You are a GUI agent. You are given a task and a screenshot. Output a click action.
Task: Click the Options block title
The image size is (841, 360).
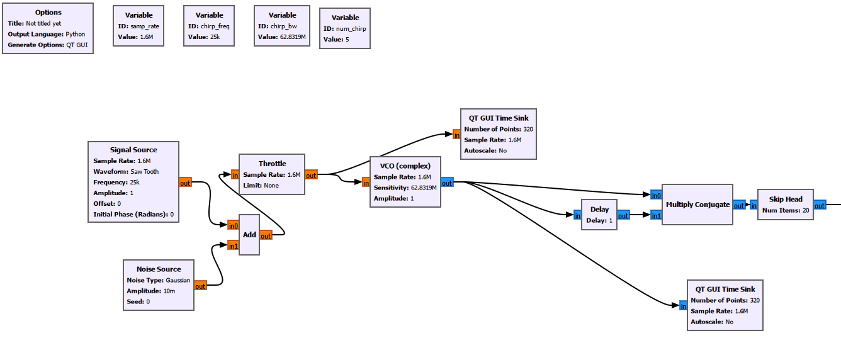point(48,13)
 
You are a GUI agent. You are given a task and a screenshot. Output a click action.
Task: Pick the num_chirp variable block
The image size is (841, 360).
point(345,28)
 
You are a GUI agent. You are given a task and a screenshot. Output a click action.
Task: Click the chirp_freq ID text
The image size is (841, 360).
point(210,26)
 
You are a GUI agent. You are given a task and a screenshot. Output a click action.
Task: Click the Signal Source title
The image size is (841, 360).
point(133,150)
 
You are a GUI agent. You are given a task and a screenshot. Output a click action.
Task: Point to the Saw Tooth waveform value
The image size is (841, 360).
point(144,171)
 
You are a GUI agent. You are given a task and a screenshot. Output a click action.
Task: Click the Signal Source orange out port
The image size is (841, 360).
point(185,183)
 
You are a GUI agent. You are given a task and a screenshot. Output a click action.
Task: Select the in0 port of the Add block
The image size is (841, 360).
point(233,226)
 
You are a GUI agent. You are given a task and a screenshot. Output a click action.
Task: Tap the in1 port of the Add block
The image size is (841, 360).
point(233,246)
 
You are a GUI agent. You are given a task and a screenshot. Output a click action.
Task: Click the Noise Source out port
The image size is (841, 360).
point(200,286)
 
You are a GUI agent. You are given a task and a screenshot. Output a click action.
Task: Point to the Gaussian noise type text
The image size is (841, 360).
point(178,280)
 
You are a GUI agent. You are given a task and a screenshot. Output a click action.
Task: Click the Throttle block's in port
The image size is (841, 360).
point(235,175)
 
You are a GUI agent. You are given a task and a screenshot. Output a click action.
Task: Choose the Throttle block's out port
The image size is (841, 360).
point(311,176)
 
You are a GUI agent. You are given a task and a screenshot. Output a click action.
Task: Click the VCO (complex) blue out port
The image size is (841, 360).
point(447,183)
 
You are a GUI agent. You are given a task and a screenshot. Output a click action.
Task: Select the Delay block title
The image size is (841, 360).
point(599,210)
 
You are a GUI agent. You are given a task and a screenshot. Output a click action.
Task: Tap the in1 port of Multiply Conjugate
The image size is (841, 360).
point(655,216)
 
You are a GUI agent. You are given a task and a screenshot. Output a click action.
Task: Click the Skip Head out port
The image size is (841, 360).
point(820,205)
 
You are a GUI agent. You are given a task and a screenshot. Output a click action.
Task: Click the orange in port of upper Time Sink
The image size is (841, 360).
point(456,134)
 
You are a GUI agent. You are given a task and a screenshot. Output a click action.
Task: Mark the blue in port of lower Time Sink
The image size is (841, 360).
point(683,306)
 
